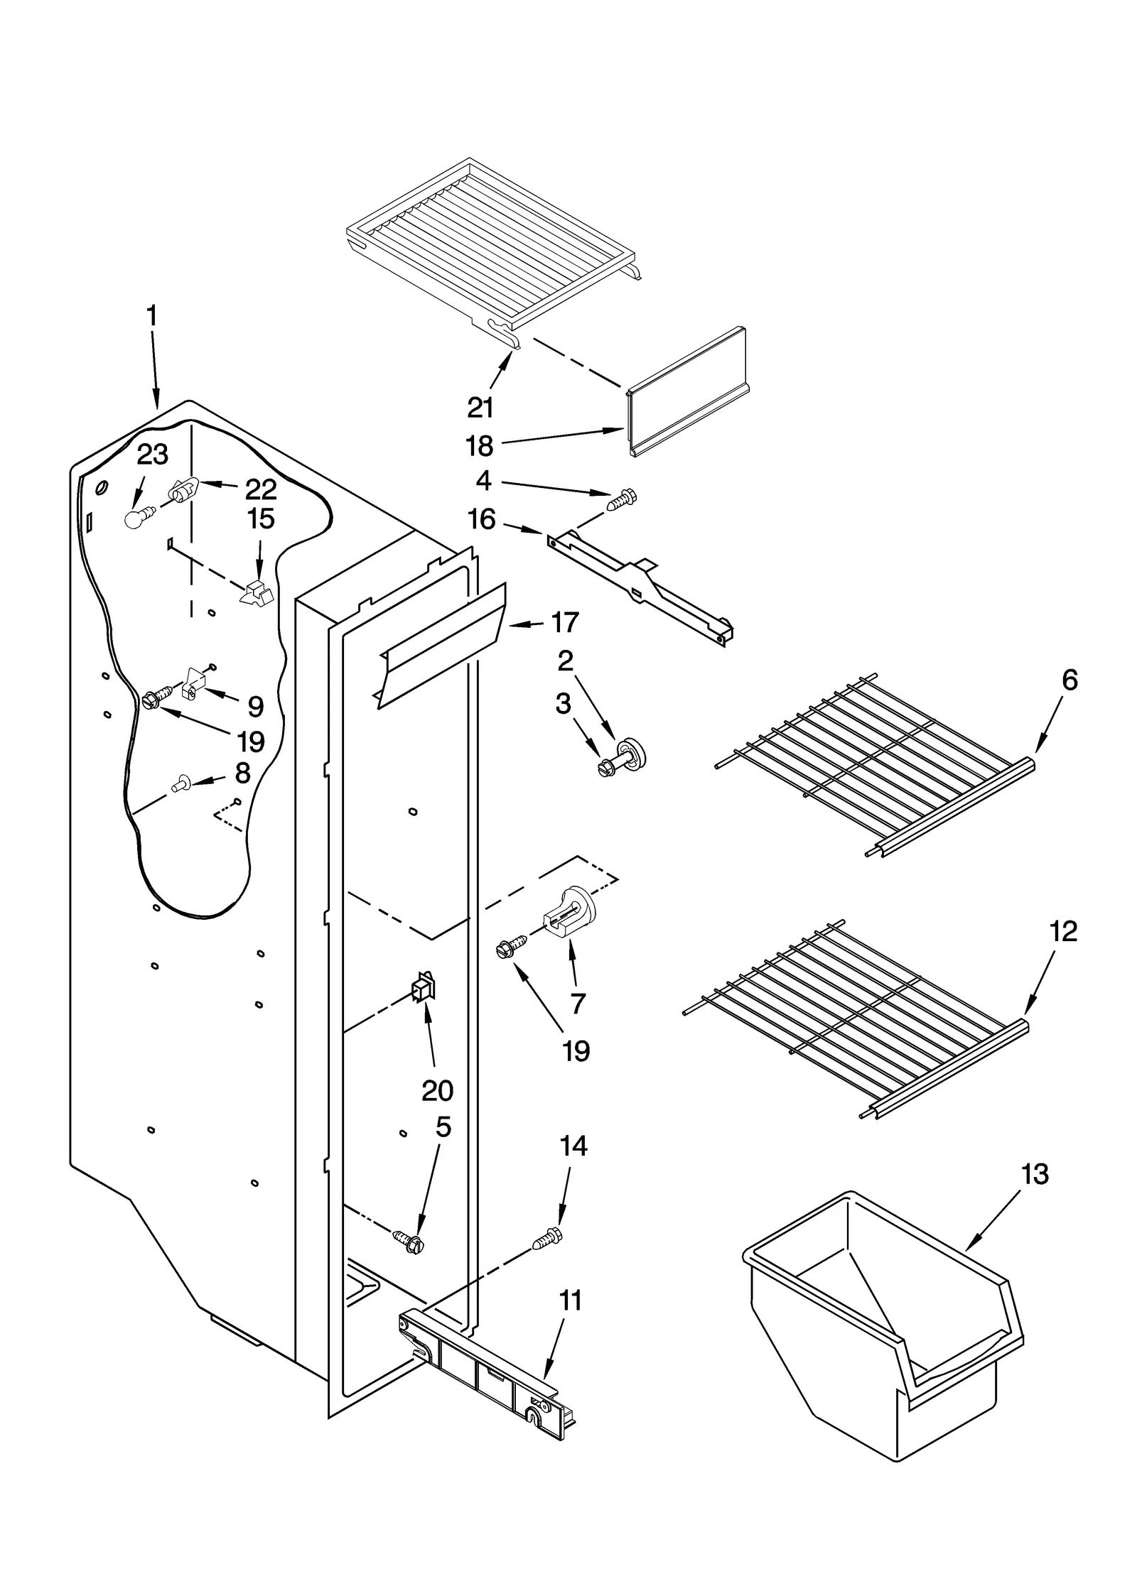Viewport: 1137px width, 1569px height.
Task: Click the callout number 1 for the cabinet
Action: pyautogui.click(x=151, y=336)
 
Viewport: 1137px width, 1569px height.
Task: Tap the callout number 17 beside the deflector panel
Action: pyautogui.click(x=565, y=622)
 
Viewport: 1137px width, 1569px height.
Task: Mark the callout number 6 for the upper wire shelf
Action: pyautogui.click(x=1069, y=680)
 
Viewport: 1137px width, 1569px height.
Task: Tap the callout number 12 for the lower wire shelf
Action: pyautogui.click(x=1063, y=930)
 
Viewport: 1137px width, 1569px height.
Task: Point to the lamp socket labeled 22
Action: pyautogui.click(x=183, y=491)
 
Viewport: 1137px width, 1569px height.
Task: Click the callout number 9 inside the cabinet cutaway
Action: pyautogui.click(x=255, y=706)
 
